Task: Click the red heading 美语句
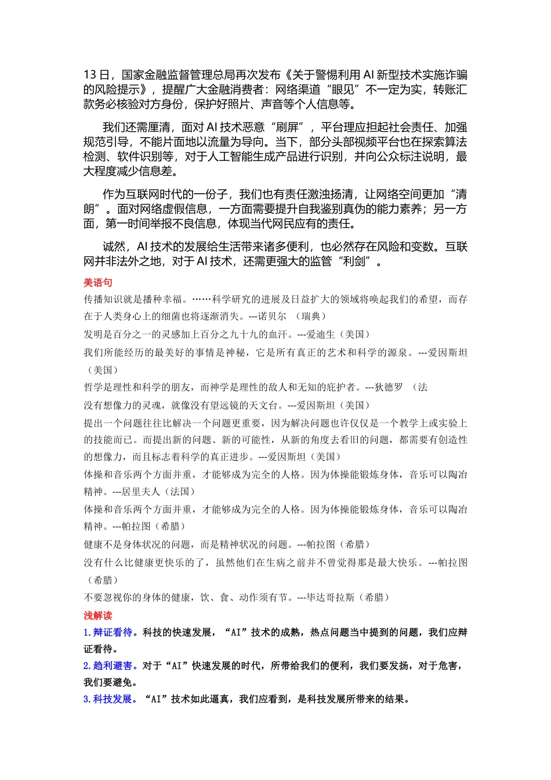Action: (97, 283)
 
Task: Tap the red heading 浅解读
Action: (97, 615)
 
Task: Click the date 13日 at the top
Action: (96, 75)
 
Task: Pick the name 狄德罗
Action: (389, 387)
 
